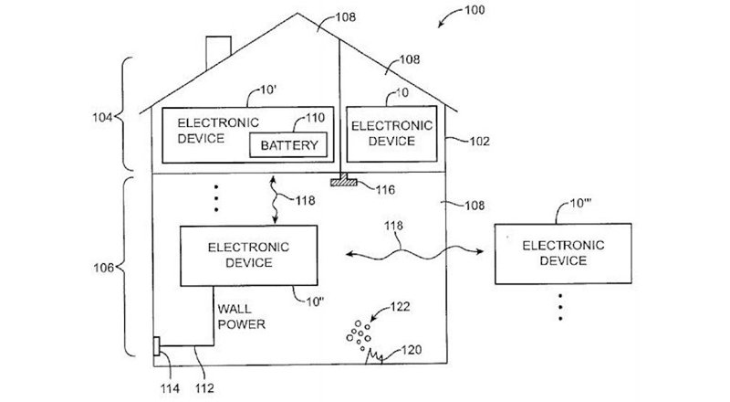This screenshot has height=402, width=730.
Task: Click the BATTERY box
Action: [x=288, y=144]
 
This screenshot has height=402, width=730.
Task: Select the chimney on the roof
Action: [x=218, y=51]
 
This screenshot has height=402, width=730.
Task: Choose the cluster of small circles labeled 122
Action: [x=356, y=336]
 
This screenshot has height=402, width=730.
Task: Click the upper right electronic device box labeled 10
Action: [x=383, y=133]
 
